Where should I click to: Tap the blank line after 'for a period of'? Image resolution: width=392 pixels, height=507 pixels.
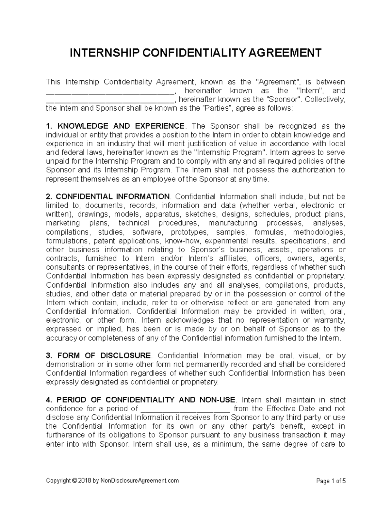[186, 409]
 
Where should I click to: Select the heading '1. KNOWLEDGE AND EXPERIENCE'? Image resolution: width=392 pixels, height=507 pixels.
[115, 126]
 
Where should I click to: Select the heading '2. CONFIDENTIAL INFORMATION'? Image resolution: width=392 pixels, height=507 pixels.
[108, 197]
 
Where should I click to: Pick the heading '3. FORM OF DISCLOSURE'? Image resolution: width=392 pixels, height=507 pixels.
[99, 356]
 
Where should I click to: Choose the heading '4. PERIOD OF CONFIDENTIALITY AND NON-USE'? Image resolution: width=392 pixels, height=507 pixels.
[141, 400]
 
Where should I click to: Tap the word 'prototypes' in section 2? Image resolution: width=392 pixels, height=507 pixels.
[189, 232]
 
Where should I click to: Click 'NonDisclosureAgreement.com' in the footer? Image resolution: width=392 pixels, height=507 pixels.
[140, 481]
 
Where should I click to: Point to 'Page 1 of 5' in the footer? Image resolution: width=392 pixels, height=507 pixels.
[331, 481]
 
